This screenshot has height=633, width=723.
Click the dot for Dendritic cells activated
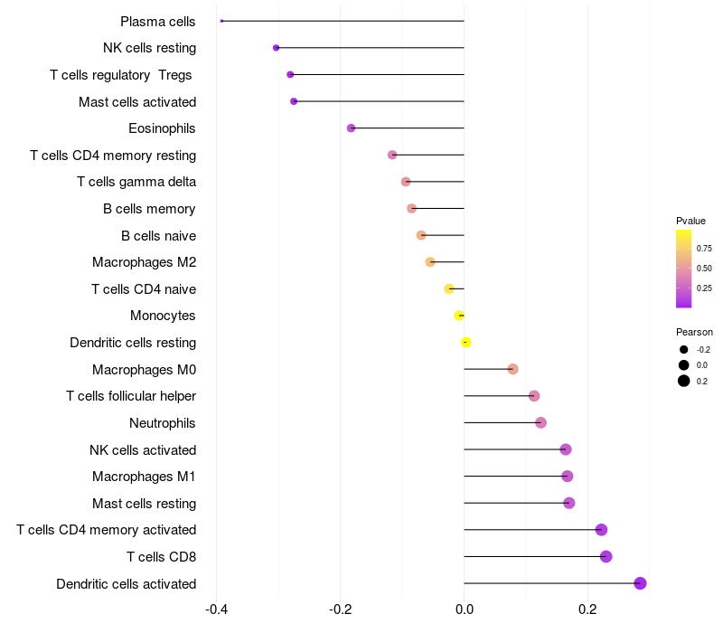pos(640,583)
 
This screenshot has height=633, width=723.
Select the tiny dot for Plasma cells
pos(221,21)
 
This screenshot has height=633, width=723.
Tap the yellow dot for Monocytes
pos(459,316)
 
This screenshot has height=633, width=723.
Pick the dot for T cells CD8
pos(606,556)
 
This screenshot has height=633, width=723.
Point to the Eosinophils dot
pos(351,128)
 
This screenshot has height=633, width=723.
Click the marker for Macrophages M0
pos(512,369)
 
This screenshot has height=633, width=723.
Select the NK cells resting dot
pos(276,48)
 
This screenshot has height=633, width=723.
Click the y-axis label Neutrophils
pos(163,423)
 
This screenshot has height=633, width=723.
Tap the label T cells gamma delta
pos(136,182)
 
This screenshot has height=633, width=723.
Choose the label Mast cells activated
pos(137,101)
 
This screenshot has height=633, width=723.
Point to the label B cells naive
pos(158,236)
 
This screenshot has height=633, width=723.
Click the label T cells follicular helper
pos(131,396)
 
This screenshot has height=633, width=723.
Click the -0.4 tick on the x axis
pos(216,609)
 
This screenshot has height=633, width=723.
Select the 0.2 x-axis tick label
pos(587,609)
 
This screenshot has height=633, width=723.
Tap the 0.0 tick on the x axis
pos(464,609)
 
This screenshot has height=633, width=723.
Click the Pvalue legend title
pos(690,221)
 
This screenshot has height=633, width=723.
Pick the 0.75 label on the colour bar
pos(704,248)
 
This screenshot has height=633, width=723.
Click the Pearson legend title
pos(694,332)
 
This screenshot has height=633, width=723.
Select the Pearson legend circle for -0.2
pos(683,349)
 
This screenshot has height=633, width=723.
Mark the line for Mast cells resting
pos(515,503)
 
